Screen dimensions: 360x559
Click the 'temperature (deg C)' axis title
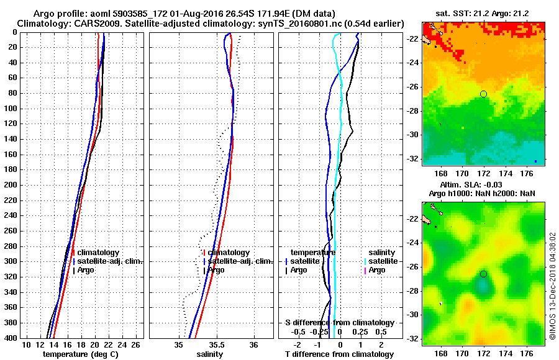pos(80,354)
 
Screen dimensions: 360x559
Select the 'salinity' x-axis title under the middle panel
pos(210,354)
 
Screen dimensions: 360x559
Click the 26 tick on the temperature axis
pos(138,344)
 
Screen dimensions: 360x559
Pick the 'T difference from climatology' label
pos(339,354)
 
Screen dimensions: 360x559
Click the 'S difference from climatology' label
pos(339,323)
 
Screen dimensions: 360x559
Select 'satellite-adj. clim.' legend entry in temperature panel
pos(110,261)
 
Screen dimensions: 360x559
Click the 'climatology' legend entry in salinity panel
pos(229,253)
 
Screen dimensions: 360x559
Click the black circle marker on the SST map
pos(483,94)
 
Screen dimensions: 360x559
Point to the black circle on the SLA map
pos(483,274)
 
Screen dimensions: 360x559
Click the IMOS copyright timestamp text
pos(552,286)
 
